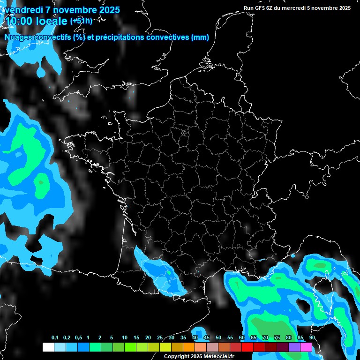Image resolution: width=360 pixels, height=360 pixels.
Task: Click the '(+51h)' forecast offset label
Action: pyautogui.click(x=81, y=21)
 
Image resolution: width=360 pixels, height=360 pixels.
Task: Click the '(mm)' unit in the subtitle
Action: pyautogui.click(x=200, y=37)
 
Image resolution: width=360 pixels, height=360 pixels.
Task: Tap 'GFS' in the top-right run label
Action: pyautogui.click(x=260, y=8)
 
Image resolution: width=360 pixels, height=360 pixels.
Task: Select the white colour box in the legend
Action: pyautogui.click(x=48, y=347)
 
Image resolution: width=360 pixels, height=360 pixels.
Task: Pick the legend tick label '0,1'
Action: pyautogui.click(x=55, y=338)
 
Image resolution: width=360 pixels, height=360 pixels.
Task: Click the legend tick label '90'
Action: pyautogui.click(x=312, y=338)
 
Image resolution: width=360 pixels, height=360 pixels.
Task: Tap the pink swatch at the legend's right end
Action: pyautogui.click(x=306, y=347)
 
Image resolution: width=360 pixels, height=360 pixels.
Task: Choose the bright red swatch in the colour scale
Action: pyautogui.click(x=247, y=347)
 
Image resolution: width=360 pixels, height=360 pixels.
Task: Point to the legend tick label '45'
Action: pyautogui.click(x=207, y=338)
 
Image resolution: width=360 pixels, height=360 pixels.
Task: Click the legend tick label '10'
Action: pyautogui.click(x=125, y=338)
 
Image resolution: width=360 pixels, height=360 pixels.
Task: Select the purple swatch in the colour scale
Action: pyautogui.click(x=294, y=347)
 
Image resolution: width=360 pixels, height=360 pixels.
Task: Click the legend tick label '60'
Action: pyautogui.click(x=242, y=338)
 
